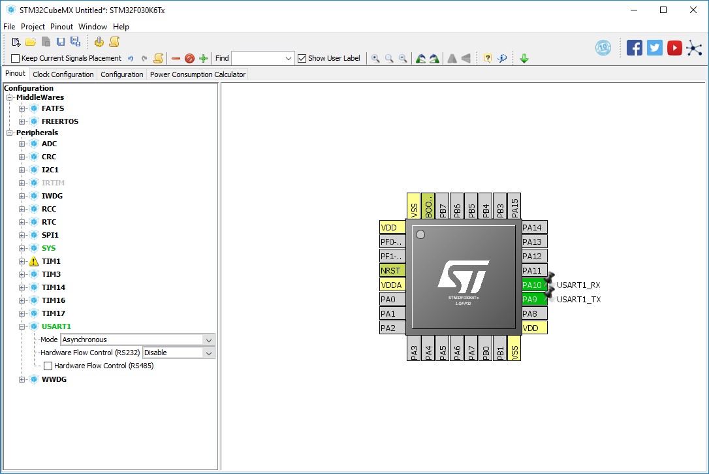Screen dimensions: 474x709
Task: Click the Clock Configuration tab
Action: [63, 74]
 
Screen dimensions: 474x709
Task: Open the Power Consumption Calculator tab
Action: [198, 74]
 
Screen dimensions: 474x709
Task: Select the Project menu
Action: [33, 27]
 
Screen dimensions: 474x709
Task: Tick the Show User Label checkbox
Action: [302, 58]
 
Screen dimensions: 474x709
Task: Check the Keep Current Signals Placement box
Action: [16, 58]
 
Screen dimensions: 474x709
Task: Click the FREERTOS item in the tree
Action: [60, 121]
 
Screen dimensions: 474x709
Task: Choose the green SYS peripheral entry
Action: [48, 248]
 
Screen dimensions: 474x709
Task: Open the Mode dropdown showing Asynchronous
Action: [137, 340]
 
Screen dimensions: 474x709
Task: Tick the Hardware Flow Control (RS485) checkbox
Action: [48, 366]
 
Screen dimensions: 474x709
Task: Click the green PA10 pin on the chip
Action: [533, 285]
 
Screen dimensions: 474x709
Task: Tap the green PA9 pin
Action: [533, 300]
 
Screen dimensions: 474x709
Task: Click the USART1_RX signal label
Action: [578, 285]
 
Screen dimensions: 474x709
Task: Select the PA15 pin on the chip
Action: [514, 208]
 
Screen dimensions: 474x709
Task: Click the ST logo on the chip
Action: [463, 276]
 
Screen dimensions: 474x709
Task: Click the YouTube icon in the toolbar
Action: [674, 48]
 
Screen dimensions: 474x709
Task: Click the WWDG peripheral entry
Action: [54, 379]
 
